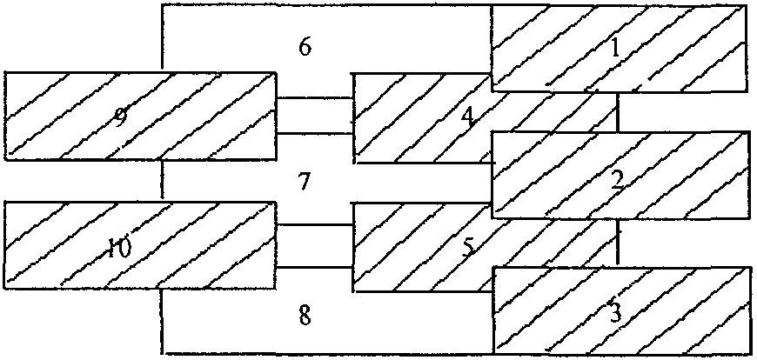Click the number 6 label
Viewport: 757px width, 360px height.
coord(305,47)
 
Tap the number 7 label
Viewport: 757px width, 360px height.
coord(303,182)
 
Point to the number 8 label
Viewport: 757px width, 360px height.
coord(304,315)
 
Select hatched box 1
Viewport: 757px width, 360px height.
coord(620,48)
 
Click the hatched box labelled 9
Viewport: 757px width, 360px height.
coord(140,117)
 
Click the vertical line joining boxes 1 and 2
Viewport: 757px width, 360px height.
coord(617,112)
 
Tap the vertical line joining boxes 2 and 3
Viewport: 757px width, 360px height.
coord(617,242)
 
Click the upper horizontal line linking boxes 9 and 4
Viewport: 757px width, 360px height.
coord(314,98)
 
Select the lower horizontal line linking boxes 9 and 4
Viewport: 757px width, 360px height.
coord(314,134)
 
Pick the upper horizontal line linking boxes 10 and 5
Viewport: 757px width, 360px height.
coord(314,225)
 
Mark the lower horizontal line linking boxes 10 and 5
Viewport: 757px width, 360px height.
coord(314,266)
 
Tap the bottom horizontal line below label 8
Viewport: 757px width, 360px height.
coord(326,352)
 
